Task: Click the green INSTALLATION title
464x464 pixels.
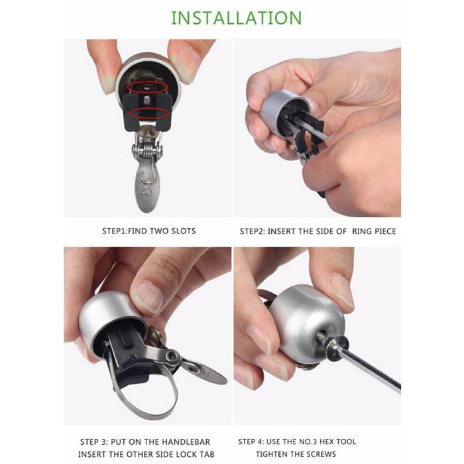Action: (x=237, y=18)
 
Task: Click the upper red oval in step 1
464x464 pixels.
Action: (x=148, y=87)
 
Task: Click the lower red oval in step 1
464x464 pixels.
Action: (x=150, y=113)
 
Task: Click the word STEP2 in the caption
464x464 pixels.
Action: (x=252, y=231)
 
